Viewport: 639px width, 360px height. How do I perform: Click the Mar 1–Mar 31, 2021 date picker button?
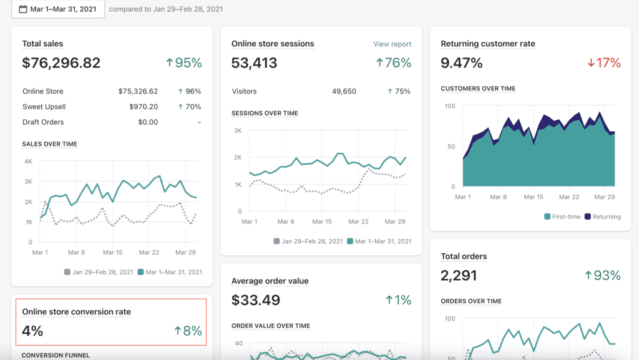(57, 9)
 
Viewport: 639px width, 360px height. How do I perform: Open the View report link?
(392, 44)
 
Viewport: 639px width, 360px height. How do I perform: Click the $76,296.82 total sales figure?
(61, 63)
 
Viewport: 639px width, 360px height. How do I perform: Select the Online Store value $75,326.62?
(138, 91)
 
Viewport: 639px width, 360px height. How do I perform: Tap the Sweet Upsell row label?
(44, 107)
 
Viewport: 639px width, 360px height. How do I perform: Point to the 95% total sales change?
(184, 63)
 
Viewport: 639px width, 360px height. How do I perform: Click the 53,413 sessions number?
(254, 63)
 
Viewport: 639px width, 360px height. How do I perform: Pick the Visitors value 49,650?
(344, 91)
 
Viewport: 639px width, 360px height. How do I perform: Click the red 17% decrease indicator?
(604, 63)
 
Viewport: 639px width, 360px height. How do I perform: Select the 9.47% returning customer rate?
(462, 63)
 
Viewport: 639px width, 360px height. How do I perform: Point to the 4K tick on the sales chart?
(27, 162)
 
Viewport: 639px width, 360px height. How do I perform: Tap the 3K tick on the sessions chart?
(237, 131)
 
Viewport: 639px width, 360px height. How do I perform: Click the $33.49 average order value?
(256, 300)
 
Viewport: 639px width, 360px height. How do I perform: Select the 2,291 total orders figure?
(459, 275)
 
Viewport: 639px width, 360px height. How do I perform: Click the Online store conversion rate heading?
(76, 312)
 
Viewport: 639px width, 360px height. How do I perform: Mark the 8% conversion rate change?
(188, 331)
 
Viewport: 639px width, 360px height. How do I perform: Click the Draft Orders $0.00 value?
(148, 122)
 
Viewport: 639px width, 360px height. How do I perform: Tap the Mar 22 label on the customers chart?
(569, 197)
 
